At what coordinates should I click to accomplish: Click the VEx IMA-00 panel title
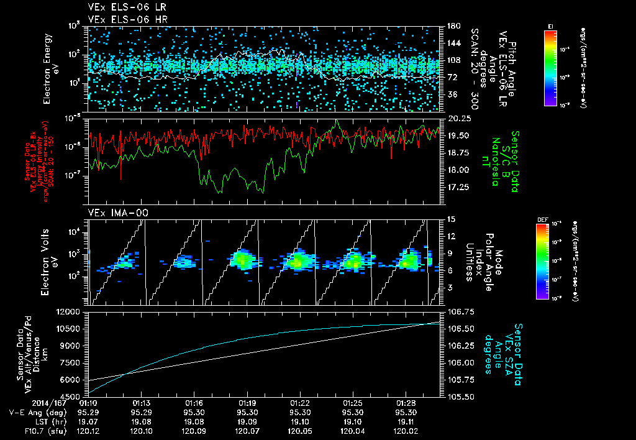click(112, 213)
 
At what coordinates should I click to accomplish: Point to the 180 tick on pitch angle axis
click(452, 26)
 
